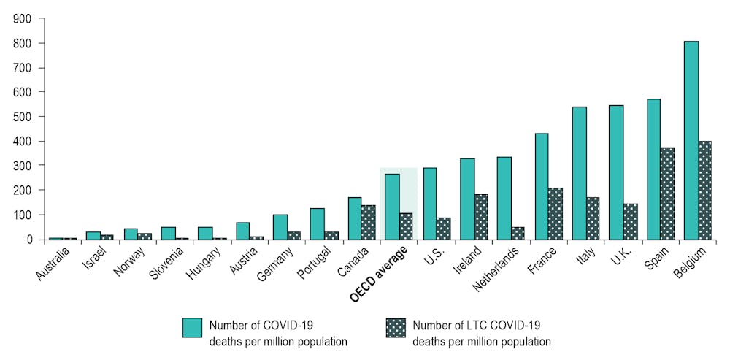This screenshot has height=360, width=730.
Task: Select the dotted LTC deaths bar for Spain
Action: click(667, 194)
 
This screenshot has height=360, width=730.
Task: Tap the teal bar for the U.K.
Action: click(616, 172)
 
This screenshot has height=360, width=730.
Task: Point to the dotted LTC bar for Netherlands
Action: click(518, 233)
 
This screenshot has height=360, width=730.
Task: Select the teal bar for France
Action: click(541, 186)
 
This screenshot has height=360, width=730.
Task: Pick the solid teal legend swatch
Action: click(192, 326)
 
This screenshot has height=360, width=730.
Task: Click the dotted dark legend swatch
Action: click(395, 326)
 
